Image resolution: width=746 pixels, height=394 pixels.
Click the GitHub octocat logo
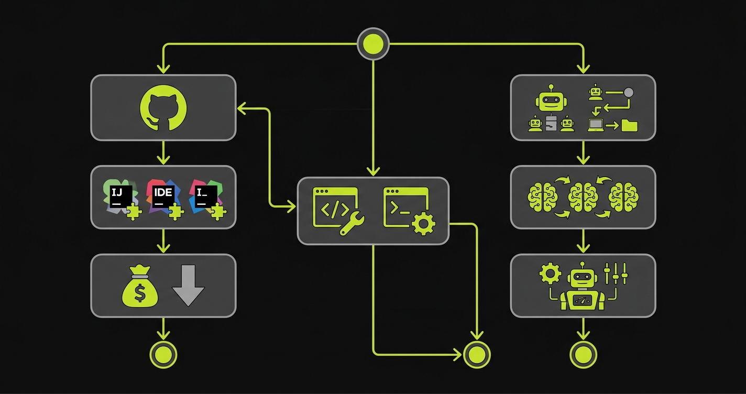click(163, 107)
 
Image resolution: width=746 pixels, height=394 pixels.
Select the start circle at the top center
click(373, 43)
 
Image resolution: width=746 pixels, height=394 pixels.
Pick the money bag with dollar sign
click(139, 287)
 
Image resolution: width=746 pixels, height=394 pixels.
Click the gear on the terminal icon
click(423, 224)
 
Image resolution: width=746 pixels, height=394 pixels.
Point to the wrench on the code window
click(352, 224)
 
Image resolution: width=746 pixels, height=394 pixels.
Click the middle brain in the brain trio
click(583, 198)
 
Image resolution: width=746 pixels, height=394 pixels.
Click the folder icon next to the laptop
click(629, 125)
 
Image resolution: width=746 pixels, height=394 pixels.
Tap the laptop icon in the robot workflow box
click(596, 125)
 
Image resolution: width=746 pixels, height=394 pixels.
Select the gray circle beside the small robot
click(628, 93)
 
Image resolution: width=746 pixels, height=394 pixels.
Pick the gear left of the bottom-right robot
click(550, 273)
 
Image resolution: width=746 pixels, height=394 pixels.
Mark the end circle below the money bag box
click(163, 355)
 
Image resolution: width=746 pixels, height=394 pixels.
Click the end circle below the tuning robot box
click(583, 355)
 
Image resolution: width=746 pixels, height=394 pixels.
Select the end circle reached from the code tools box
click(477, 355)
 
